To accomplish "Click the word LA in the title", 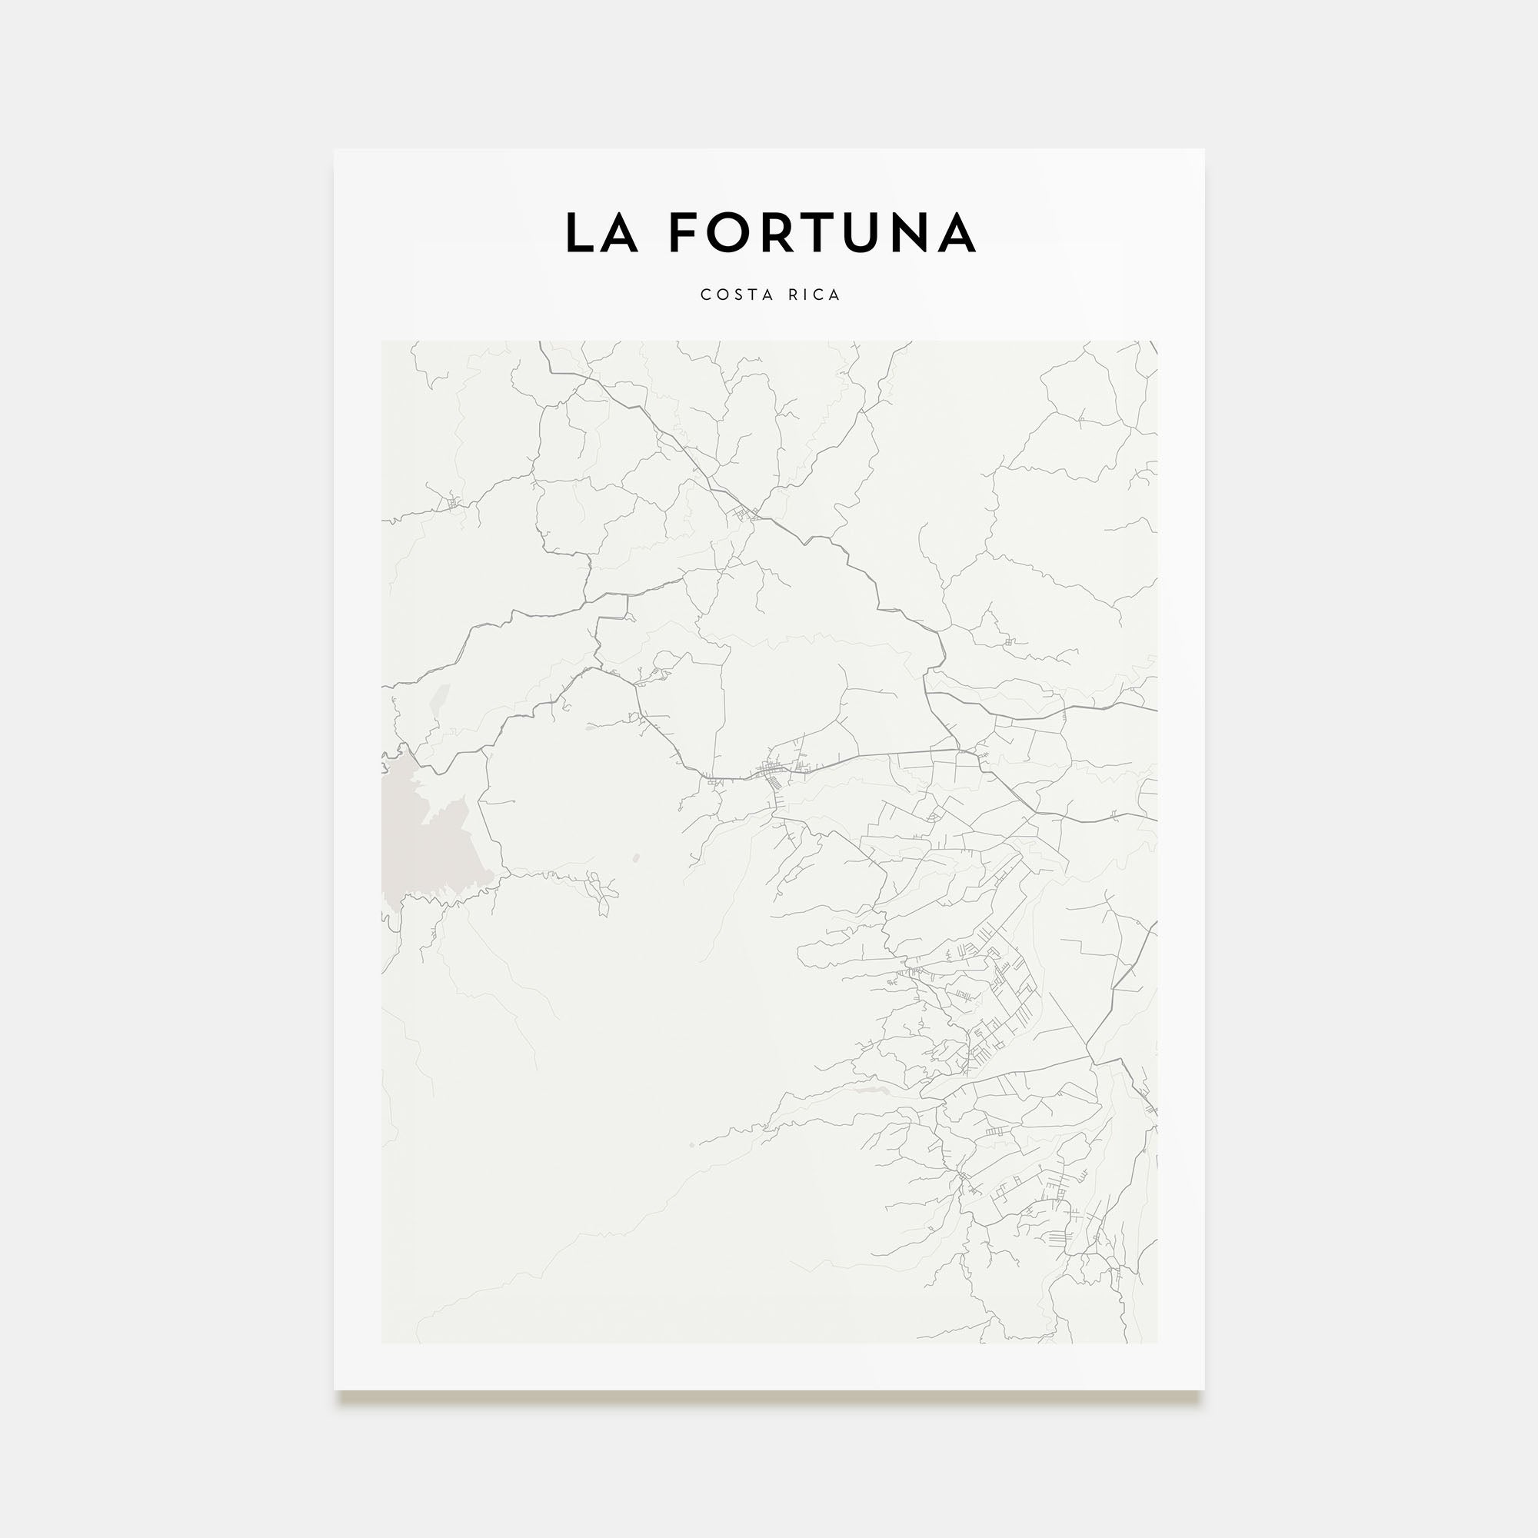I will point(602,233).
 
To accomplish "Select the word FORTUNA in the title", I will point(821,233).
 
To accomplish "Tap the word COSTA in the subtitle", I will point(737,295).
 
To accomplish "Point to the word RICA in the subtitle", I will point(814,295).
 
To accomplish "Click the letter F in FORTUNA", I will point(686,233).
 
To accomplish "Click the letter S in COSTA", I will point(738,295).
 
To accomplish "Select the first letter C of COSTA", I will point(705,295).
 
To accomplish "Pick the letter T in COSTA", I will point(753,295).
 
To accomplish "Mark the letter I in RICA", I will point(807,295).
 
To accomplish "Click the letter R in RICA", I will point(794,295).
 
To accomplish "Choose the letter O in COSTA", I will point(721,295).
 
